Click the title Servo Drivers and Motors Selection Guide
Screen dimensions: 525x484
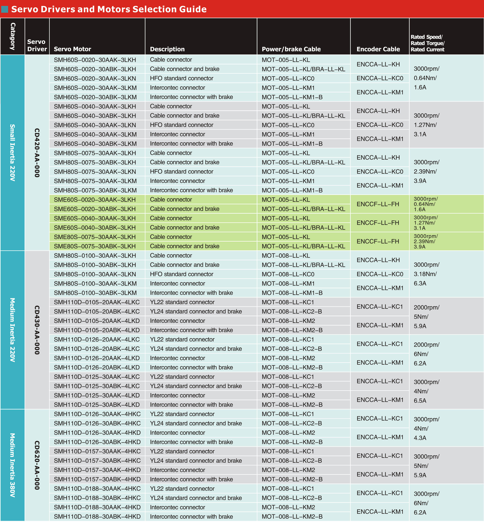point(109,9)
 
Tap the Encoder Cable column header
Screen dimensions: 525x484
point(378,49)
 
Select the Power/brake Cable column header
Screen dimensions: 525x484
point(291,49)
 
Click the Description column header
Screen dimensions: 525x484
point(167,49)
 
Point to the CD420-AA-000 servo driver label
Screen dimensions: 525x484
point(37,153)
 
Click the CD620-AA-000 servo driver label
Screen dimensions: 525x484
point(37,465)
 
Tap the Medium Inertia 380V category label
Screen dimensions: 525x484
point(12,465)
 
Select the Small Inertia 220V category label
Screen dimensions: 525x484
point(12,153)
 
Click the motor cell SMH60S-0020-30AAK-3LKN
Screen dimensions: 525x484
point(95,78)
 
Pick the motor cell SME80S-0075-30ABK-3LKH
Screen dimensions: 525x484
point(95,246)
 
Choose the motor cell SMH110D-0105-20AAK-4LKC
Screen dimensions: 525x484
point(97,302)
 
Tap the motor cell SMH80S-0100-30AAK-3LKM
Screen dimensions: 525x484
point(95,283)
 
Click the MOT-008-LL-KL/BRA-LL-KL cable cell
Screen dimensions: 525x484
point(303,265)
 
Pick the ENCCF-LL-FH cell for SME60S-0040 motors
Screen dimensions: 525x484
point(378,223)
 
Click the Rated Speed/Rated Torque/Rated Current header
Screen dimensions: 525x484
point(427,43)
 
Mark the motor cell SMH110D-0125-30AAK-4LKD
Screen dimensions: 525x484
point(97,395)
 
